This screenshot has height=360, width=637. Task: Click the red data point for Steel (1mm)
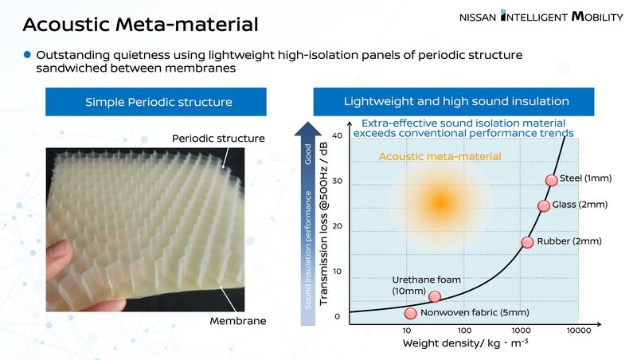[551, 180]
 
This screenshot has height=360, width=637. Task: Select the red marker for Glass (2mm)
[544, 206]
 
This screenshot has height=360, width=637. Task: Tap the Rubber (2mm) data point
[527, 242]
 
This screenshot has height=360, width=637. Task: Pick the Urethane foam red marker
[435, 296]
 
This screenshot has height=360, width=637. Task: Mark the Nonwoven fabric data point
[411, 313]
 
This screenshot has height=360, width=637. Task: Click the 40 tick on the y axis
[337, 135]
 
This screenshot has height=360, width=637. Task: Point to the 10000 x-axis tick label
[579, 331]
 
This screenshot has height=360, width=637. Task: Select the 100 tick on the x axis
[464, 331]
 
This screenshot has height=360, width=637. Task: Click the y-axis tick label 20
[337, 226]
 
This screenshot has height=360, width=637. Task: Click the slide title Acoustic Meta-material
[141, 24]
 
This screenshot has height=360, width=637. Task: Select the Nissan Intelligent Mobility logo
[541, 16]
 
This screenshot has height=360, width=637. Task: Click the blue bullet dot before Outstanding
[27, 54]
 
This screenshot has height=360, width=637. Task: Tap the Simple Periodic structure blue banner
[156, 102]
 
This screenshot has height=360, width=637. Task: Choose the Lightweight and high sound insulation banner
[453, 101]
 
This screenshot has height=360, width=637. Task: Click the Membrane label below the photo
[238, 321]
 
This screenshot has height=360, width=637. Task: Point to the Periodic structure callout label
[218, 138]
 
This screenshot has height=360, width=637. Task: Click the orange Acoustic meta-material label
[440, 156]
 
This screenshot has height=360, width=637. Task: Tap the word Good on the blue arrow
[308, 155]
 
